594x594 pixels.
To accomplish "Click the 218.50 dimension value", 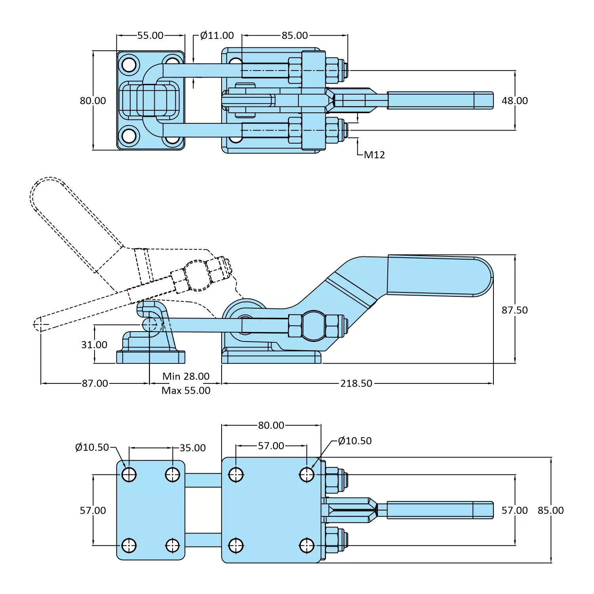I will pyautogui.click(x=356, y=383).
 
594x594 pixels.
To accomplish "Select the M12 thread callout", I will pyautogui.click(x=374, y=155).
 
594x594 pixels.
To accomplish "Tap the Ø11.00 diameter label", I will pyautogui.click(x=217, y=36).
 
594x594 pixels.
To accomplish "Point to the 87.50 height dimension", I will pyautogui.click(x=514, y=310).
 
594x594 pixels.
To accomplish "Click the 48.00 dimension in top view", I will pyautogui.click(x=514, y=101).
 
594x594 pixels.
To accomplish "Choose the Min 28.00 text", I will pyautogui.click(x=186, y=376).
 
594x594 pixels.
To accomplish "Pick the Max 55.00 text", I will pyautogui.click(x=186, y=390).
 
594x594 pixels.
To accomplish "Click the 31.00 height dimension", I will pyautogui.click(x=94, y=345).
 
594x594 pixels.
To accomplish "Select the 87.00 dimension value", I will pyautogui.click(x=95, y=383).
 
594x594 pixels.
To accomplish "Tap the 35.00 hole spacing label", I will pyautogui.click(x=193, y=448).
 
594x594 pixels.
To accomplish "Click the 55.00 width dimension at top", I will pyautogui.click(x=150, y=36).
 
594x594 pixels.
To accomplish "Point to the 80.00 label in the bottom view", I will pyautogui.click(x=271, y=425).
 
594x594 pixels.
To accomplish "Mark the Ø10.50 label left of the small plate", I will pyautogui.click(x=92, y=447).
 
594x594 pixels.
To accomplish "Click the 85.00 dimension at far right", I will pyautogui.click(x=550, y=510).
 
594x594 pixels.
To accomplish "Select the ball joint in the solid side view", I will pyautogui.click(x=314, y=326).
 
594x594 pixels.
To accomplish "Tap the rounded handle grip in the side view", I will pyautogui.click(x=439, y=275).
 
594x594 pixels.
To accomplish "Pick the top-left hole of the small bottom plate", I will pyautogui.click(x=129, y=474).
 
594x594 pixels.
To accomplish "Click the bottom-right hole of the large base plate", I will pyautogui.click(x=307, y=545).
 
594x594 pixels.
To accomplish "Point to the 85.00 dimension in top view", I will pyautogui.click(x=294, y=36).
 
